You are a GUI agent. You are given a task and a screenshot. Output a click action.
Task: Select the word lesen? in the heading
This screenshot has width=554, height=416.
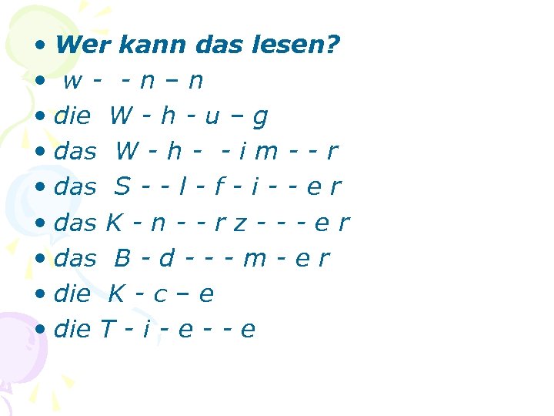coord(296,45)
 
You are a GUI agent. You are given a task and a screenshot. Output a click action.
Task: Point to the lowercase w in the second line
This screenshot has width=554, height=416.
coord(74,81)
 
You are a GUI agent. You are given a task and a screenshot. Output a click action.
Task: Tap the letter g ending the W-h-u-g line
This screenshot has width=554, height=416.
coord(260,118)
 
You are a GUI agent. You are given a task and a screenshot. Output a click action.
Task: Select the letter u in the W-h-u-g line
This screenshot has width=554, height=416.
coord(212,116)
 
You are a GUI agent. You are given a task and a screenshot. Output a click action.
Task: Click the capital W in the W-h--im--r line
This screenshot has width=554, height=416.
coord(128,151)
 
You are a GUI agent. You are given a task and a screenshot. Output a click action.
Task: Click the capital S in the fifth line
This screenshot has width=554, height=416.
coord(122,186)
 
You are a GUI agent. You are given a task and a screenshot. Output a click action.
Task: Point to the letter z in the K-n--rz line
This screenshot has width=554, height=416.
coord(241,223)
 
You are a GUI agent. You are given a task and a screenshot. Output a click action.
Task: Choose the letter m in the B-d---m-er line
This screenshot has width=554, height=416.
coord(253,258)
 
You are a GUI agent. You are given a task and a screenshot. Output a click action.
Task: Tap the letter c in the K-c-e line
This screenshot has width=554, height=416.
coord(160,294)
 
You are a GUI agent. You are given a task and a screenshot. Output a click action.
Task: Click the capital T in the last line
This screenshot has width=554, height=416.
coord(108,329)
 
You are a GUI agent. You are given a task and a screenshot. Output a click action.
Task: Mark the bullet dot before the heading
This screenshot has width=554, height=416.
coord(40,45)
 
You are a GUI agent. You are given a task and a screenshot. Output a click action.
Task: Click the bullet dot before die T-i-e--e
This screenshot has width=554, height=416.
coord(40,330)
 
